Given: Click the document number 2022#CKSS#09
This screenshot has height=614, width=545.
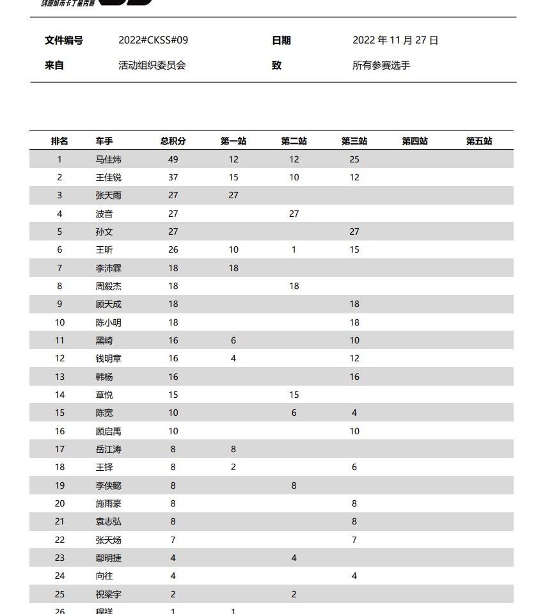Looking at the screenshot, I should tap(153, 40).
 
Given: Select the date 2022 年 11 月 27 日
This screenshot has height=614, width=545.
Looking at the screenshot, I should tap(395, 40).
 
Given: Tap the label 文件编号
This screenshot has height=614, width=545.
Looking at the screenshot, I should tap(64, 40).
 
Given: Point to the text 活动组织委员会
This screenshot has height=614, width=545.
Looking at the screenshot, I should tap(152, 65).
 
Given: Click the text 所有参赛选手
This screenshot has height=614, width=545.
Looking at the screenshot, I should tap(381, 65).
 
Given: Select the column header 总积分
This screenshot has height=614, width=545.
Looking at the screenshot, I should tap(173, 141).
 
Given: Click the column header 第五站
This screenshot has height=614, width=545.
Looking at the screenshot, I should tap(478, 141).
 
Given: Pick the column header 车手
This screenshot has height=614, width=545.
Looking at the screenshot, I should tap(104, 141).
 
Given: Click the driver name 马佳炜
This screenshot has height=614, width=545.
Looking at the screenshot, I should tap(108, 159).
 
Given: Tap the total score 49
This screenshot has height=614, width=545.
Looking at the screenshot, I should tap(173, 159).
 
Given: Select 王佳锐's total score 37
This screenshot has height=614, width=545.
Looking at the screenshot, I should tap(173, 177).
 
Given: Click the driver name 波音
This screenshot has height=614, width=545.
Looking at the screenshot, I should tap(104, 214).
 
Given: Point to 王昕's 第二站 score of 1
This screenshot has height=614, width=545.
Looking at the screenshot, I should tap(294, 250).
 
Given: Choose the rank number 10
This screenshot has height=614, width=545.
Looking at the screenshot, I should tap(59, 322).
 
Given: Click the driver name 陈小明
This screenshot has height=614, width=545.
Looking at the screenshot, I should tap(108, 322).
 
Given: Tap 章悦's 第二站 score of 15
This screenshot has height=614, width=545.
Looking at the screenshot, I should tap(294, 395).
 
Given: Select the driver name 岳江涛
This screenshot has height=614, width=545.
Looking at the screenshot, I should tap(108, 449).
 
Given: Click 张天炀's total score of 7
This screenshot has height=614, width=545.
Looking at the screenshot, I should tap(173, 540).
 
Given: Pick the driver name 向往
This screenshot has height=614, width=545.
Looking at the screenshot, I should tap(104, 576).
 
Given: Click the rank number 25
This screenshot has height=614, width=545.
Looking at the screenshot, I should tap(59, 594).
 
